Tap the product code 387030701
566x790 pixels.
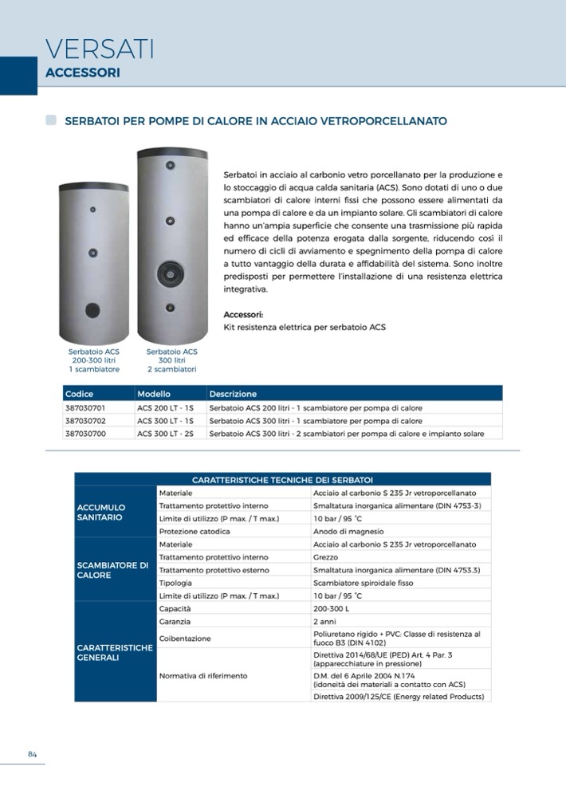click(x=85, y=407)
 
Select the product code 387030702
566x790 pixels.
click(x=85, y=420)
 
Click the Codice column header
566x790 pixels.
click(x=80, y=394)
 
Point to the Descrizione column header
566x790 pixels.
click(x=233, y=394)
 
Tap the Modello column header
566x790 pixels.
click(x=154, y=394)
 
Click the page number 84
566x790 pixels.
click(x=33, y=755)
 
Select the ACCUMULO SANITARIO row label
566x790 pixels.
click(x=101, y=512)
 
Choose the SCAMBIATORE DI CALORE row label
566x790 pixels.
click(x=112, y=570)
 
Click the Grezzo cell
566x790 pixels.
click(x=326, y=557)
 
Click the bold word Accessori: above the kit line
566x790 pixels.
click(x=243, y=314)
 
